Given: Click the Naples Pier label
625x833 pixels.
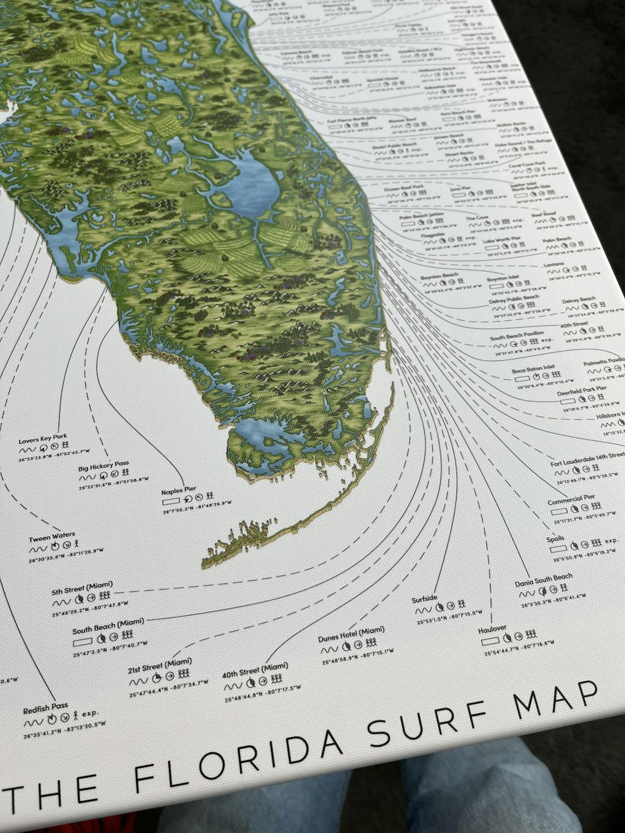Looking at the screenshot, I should tap(179, 491).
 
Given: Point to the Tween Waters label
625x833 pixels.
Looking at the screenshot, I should tap(52, 538).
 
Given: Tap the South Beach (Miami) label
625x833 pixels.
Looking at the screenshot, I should tap(108, 626).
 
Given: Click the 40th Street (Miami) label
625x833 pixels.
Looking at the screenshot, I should tap(255, 670).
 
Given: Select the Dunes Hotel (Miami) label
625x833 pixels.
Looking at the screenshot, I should tap(351, 634).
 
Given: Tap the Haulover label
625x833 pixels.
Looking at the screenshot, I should tap(492, 629).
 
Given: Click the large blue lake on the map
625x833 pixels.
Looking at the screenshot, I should tap(253, 183).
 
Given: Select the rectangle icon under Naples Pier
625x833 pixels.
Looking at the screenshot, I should tap(171, 501).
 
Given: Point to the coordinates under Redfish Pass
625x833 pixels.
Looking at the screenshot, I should tap(64, 730).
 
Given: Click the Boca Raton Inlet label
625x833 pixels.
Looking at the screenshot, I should tap(533, 370).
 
